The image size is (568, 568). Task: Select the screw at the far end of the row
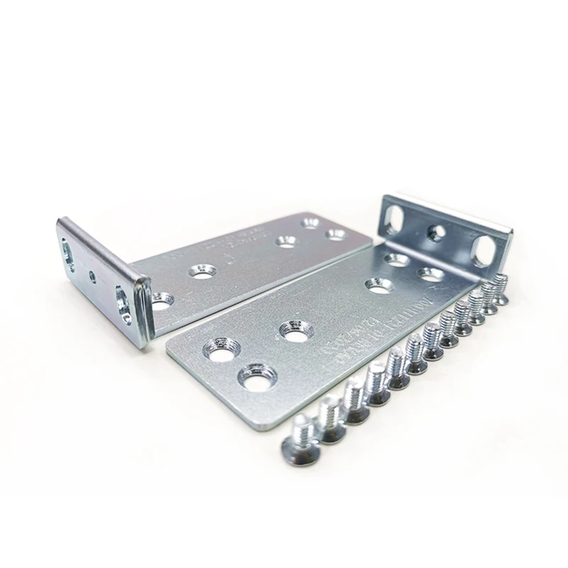pos(500,288)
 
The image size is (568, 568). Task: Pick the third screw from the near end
pos(354,402)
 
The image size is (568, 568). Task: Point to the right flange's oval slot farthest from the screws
pos(394,214)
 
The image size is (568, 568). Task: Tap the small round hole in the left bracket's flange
pos(92,274)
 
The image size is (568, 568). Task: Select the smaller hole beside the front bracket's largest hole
pos(222,349)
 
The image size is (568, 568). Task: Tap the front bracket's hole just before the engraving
pos(295,331)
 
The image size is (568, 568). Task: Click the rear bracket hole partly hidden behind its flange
pos(162,300)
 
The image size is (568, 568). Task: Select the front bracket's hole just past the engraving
pos(380,285)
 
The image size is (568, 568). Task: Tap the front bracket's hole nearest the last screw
pos(430,273)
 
